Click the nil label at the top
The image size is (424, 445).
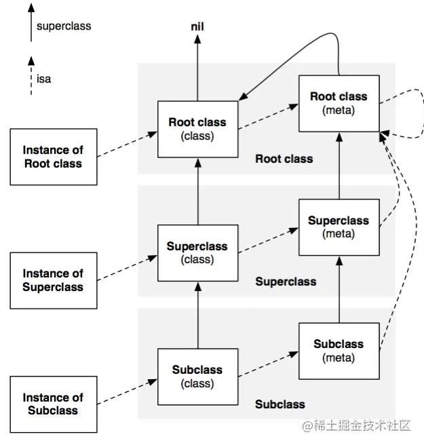click(197, 27)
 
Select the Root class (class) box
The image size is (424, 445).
click(198, 129)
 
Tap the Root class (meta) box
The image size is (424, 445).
click(339, 104)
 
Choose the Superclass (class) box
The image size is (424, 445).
click(198, 253)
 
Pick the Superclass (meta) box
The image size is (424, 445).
click(339, 227)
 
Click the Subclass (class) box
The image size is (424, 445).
click(198, 377)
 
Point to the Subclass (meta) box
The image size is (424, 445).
click(339, 351)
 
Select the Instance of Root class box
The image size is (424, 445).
click(54, 157)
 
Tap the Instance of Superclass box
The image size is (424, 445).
click(54, 281)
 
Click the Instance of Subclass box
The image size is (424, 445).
click(54, 404)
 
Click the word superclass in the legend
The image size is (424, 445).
click(64, 26)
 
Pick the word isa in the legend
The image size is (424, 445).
click(43, 79)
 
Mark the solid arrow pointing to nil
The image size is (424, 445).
click(197, 68)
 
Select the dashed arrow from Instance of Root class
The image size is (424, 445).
click(127, 144)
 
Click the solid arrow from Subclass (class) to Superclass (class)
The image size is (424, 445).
click(198, 315)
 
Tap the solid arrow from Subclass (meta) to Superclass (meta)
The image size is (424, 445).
click(339, 290)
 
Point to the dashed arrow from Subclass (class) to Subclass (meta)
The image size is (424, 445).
click(269, 364)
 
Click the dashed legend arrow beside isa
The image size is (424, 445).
click(31, 76)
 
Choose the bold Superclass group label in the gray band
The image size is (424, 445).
click(286, 282)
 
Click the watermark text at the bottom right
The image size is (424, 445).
click(356, 426)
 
